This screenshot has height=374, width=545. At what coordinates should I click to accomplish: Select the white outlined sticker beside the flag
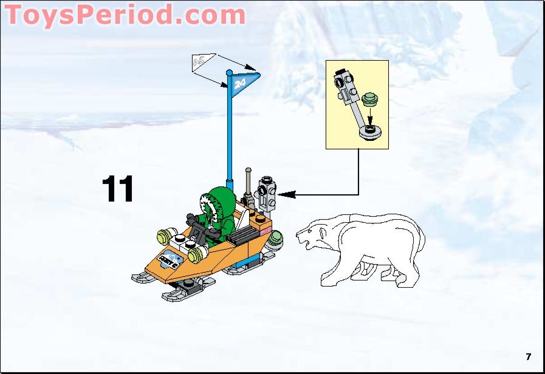pos(201,62)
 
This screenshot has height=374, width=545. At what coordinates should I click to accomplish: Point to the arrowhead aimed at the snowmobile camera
pos(286,194)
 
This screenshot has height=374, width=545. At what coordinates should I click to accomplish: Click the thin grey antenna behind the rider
pos(248,182)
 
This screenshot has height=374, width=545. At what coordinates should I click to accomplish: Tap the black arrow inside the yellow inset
pos(369,118)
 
